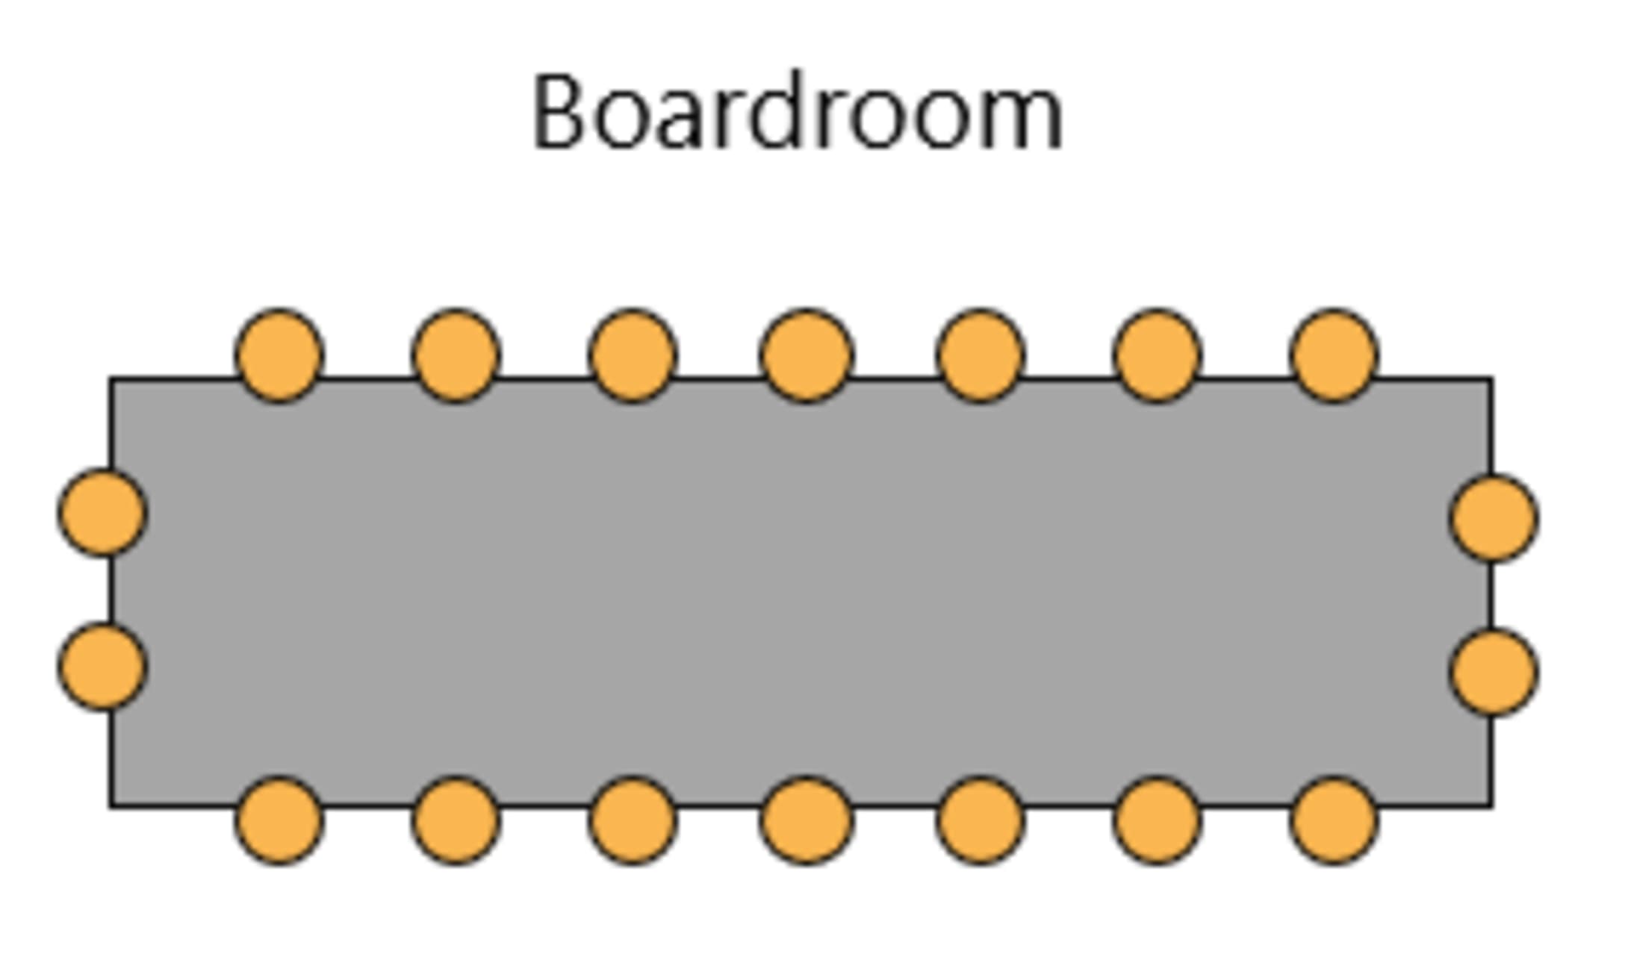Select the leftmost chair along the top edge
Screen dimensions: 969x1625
click(x=280, y=355)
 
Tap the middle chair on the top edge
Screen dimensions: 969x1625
click(x=807, y=355)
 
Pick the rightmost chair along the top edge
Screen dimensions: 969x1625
click(x=1334, y=355)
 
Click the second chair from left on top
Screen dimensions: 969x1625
click(x=456, y=355)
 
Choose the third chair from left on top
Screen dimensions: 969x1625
click(x=633, y=355)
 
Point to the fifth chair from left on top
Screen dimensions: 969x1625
click(x=981, y=355)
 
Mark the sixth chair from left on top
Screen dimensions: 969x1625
click(x=1158, y=355)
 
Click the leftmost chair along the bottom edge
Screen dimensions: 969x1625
click(x=280, y=820)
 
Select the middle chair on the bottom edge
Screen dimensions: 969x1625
click(x=807, y=820)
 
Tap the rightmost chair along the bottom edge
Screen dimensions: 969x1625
click(x=1334, y=820)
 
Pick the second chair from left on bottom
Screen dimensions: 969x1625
click(x=456, y=820)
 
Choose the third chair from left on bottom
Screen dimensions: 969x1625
click(x=633, y=820)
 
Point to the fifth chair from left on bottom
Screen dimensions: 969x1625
click(x=981, y=820)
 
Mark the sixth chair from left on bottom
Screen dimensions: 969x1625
click(x=1158, y=820)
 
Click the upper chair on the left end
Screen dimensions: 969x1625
click(x=103, y=513)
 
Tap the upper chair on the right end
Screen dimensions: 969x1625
click(x=1494, y=518)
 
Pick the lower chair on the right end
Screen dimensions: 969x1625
click(x=1494, y=672)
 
